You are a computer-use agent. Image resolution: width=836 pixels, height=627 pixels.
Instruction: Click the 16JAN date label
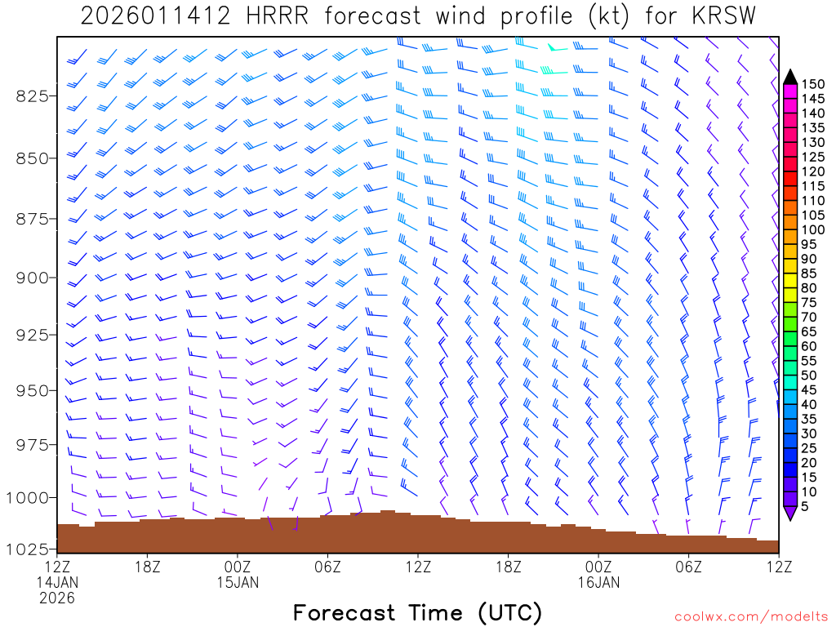pos(598,582)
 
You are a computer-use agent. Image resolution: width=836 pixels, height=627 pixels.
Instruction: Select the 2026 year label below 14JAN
pos(57,598)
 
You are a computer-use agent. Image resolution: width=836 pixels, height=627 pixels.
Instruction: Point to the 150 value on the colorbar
pos(813,84)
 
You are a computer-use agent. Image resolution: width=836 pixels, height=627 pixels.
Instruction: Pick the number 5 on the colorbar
pos(805,507)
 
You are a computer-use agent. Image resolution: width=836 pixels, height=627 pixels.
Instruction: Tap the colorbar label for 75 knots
pos(809,303)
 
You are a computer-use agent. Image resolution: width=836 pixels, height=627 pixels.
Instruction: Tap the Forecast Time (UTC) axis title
pos(417,612)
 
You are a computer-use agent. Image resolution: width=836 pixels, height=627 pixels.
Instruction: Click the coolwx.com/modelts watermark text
pos(750,614)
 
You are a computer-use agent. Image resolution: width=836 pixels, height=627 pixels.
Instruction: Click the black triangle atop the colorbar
pos(789,76)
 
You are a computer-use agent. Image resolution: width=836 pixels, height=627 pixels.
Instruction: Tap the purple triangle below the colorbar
pos(789,514)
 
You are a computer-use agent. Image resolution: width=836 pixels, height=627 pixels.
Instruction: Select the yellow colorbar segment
pos(789,281)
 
